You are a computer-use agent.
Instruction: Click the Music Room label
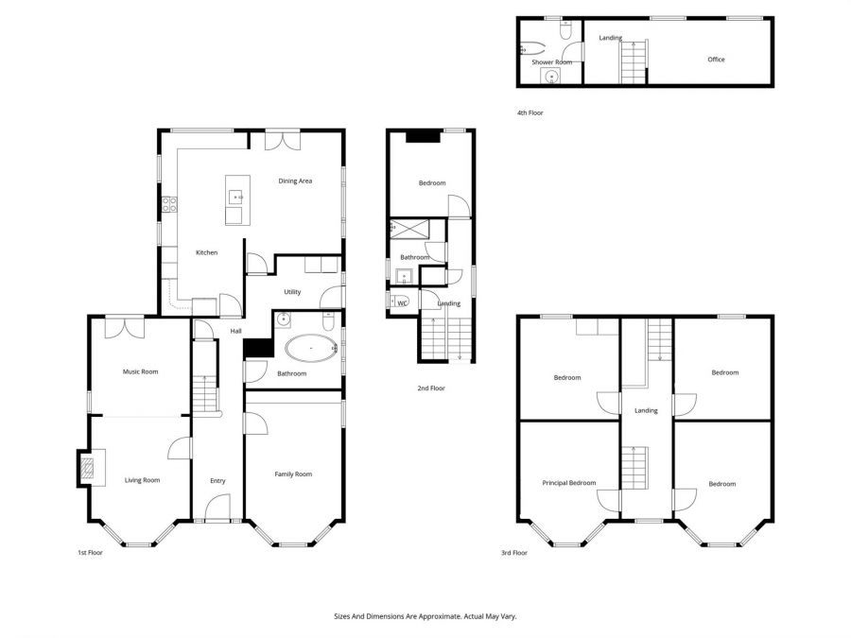click(140, 371)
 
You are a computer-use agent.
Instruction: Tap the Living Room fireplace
click(88, 467)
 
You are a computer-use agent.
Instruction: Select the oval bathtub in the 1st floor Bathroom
click(309, 349)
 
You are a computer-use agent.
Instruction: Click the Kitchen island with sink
click(235, 199)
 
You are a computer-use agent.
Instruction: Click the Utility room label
click(292, 292)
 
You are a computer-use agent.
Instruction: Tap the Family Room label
click(293, 474)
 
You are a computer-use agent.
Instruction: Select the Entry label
click(217, 481)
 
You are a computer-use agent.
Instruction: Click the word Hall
click(235, 331)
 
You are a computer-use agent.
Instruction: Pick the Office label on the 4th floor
click(716, 60)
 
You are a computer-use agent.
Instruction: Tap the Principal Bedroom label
click(568, 483)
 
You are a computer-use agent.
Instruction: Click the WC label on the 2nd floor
click(402, 303)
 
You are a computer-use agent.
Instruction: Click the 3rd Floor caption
click(513, 553)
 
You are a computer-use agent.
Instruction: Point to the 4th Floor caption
click(530, 112)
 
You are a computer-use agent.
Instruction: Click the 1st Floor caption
click(90, 553)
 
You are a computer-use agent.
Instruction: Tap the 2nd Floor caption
click(430, 388)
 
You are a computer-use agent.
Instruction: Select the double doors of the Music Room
click(124, 326)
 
